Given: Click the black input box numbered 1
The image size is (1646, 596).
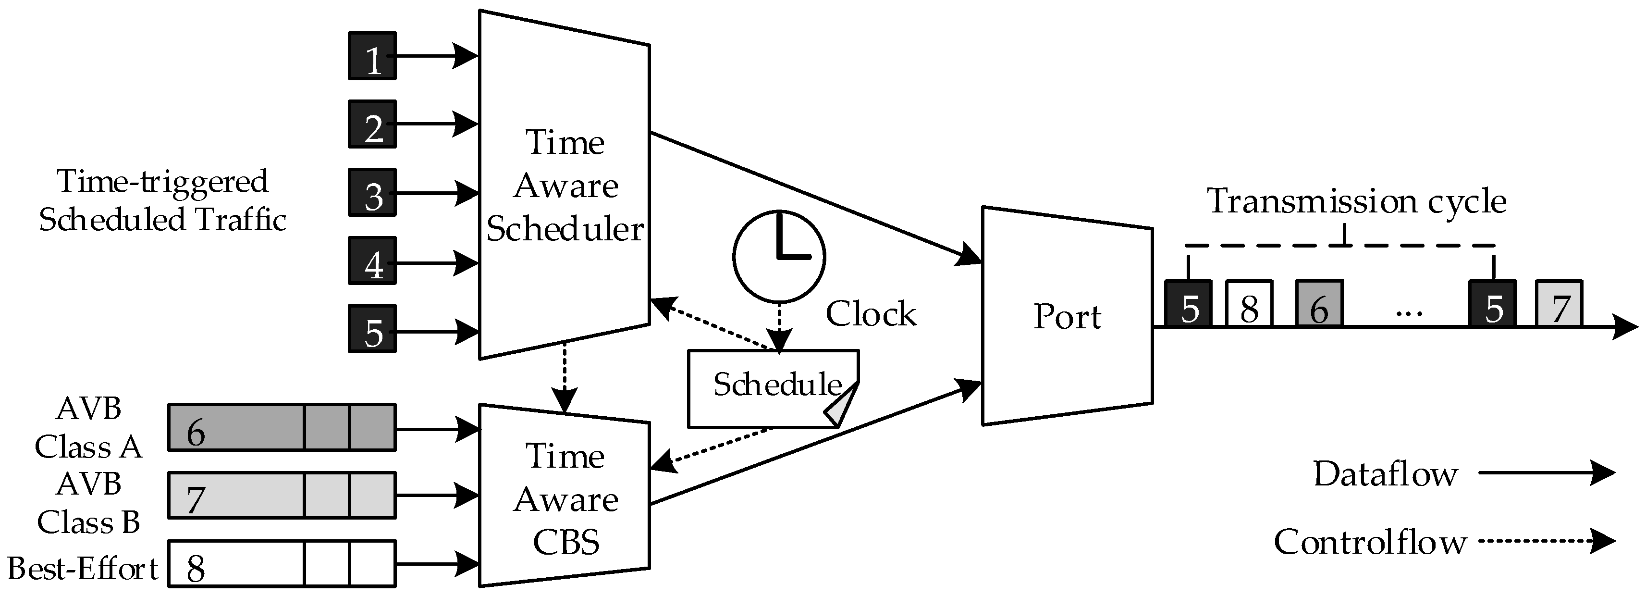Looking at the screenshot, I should (x=372, y=56).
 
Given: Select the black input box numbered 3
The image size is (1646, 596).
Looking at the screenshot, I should (x=372, y=192).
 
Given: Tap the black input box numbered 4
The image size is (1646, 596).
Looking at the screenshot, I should (x=372, y=261).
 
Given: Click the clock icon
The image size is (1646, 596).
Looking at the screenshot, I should (x=778, y=256).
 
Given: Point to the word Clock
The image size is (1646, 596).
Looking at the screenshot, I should (x=870, y=314).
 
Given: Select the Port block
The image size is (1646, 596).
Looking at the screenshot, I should (x=1067, y=316).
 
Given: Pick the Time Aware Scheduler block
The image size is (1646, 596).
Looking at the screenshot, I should (x=565, y=186).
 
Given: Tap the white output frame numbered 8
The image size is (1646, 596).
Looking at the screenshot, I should (x=1249, y=304).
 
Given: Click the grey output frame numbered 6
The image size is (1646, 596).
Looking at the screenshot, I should (x=1319, y=304).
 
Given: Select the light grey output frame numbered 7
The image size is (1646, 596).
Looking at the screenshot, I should (x=1559, y=304).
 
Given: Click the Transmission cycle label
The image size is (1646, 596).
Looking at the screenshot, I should (x=1356, y=201).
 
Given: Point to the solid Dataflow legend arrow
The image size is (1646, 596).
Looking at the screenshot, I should (x=1547, y=473).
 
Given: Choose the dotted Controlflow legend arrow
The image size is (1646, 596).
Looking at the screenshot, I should (x=1547, y=542).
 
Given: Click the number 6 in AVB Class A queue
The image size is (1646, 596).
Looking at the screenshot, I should (x=196, y=433).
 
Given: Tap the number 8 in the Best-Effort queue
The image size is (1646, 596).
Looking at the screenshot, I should (x=196, y=568).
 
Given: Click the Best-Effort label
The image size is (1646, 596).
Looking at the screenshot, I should (x=83, y=568).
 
